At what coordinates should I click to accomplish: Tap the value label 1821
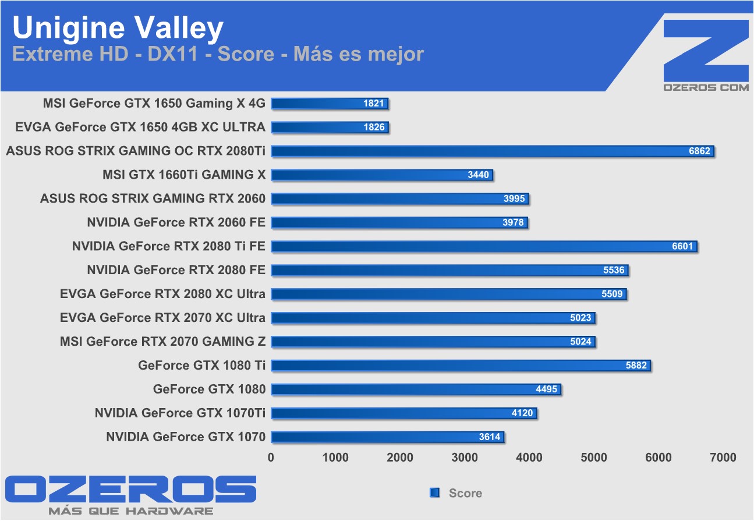point(374,104)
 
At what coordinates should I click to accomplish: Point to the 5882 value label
point(636,366)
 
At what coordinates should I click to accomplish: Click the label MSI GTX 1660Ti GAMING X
point(183,175)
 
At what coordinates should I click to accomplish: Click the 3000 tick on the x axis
point(465,458)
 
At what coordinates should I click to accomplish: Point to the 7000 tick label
point(723,458)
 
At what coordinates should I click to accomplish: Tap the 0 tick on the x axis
point(271,458)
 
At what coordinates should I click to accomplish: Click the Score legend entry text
point(465,493)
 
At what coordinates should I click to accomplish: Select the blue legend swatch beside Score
point(434,493)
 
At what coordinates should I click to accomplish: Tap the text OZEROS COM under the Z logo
point(706,87)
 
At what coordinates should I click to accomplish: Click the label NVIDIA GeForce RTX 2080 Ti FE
point(168,246)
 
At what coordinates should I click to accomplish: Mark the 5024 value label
point(580,342)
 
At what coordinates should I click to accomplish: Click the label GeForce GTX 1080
point(209,389)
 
